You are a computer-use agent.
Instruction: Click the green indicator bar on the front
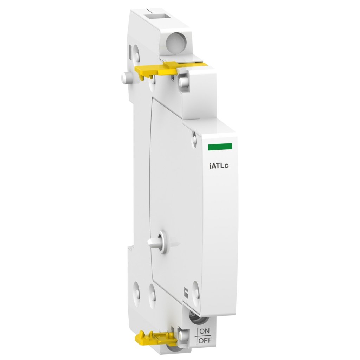(x=220, y=147)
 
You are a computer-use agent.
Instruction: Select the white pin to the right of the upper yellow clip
(x=182, y=82)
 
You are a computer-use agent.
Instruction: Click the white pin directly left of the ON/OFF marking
(x=181, y=334)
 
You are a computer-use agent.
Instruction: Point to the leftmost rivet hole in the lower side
(x=136, y=291)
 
